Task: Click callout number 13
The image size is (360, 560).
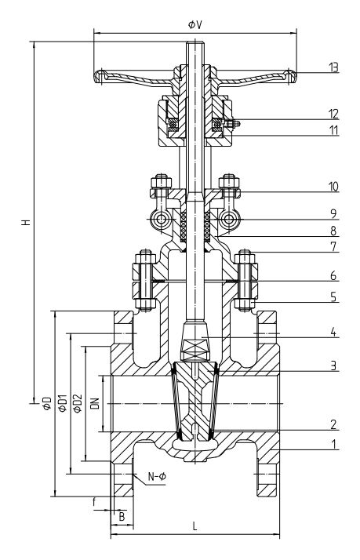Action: click(334, 67)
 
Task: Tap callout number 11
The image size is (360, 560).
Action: click(334, 129)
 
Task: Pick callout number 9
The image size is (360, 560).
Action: click(334, 212)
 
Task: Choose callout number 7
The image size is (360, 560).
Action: click(334, 246)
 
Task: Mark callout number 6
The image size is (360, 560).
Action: click(334, 277)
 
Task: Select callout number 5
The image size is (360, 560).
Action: click(334, 298)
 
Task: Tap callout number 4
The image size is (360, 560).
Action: click(334, 333)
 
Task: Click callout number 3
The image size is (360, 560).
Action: click(334, 365)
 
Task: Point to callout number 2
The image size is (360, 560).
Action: click(334, 425)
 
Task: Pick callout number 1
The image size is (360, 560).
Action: click(334, 444)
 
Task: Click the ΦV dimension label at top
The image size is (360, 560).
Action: click(195, 24)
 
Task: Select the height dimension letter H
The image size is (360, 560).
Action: click(27, 223)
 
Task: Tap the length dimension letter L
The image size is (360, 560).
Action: click(195, 527)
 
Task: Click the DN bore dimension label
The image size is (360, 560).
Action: click(96, 404)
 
